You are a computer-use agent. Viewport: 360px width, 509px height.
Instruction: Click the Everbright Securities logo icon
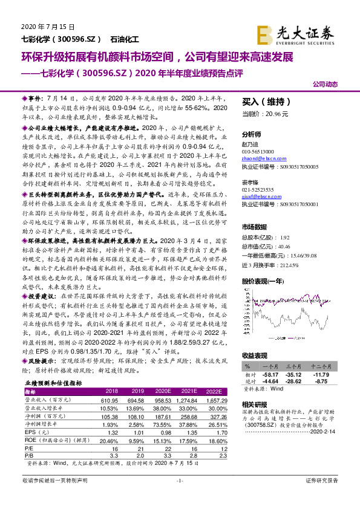click(264, 33)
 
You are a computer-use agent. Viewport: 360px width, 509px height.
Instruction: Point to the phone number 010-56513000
click(261, 151)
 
